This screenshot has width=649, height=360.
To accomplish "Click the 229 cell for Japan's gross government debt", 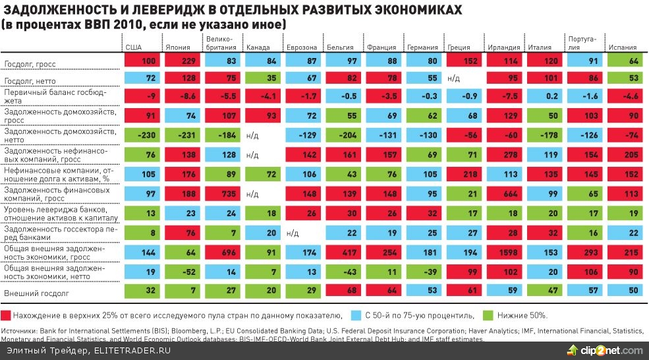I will pos(184,61).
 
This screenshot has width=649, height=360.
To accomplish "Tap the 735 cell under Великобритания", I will pos(225,195).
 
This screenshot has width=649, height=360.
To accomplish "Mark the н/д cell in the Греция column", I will pos(453,79).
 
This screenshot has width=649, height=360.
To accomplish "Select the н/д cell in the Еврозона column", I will pos(293,233).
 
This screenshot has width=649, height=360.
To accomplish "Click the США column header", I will pos(133,47).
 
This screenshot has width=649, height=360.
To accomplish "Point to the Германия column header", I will pos(422,47).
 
